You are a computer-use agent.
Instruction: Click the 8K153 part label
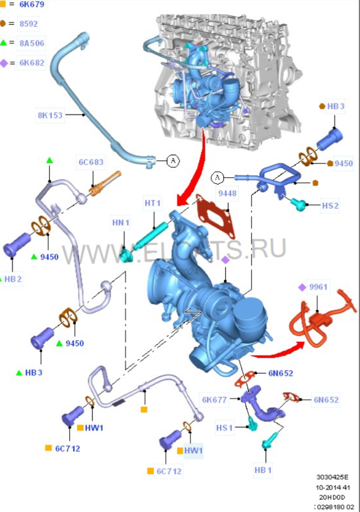point(50,115)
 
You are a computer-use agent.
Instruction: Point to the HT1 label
point(152,203)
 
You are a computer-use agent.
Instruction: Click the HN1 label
point(121,223)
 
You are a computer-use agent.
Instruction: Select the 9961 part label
point(318,287)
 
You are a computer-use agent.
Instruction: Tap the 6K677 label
point(214,400)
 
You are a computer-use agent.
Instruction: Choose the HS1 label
point(224,428)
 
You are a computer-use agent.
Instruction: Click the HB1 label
point(263,470)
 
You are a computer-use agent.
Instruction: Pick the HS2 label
point(330,205)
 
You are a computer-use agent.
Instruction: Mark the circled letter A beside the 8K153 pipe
point(173,160)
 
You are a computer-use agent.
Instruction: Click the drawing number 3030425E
point(332,477)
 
